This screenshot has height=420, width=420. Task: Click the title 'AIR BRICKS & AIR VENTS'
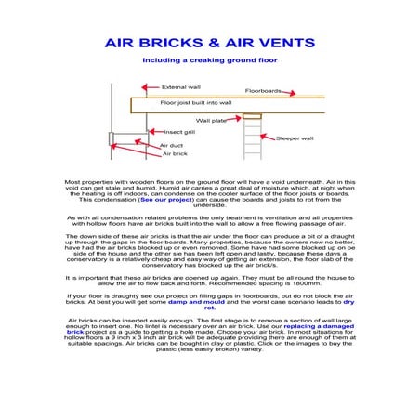pyautogui.click(x=209, y=43)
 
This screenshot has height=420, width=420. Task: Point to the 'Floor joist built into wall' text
pyautogui.click(x=196, y=103)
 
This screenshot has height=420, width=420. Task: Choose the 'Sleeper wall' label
pyautogui.click(x=295, y=138)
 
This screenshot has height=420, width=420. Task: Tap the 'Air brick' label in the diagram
pyautogui.click(x=174, y=154)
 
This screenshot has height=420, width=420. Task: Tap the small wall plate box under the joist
pyautogui.click(x=251, y=116)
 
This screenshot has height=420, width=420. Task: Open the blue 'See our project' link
pyautogui.click(x=165, y=200)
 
